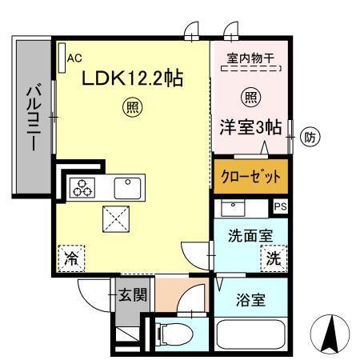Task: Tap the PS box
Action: tap(279, 206)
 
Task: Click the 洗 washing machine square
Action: tap(274, 258)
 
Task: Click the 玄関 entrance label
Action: tap(134, 294)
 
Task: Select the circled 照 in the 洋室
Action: tap(249, 98)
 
